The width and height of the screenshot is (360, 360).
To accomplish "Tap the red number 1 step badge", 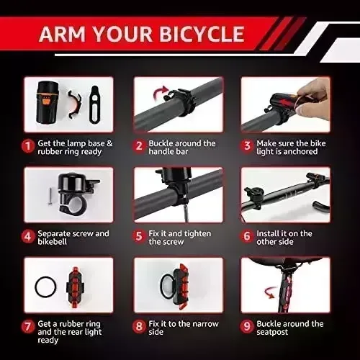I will click(28, 145).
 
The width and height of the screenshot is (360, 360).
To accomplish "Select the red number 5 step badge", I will click(139, 236).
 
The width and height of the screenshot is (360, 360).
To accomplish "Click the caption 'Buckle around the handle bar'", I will click(181, 148).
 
